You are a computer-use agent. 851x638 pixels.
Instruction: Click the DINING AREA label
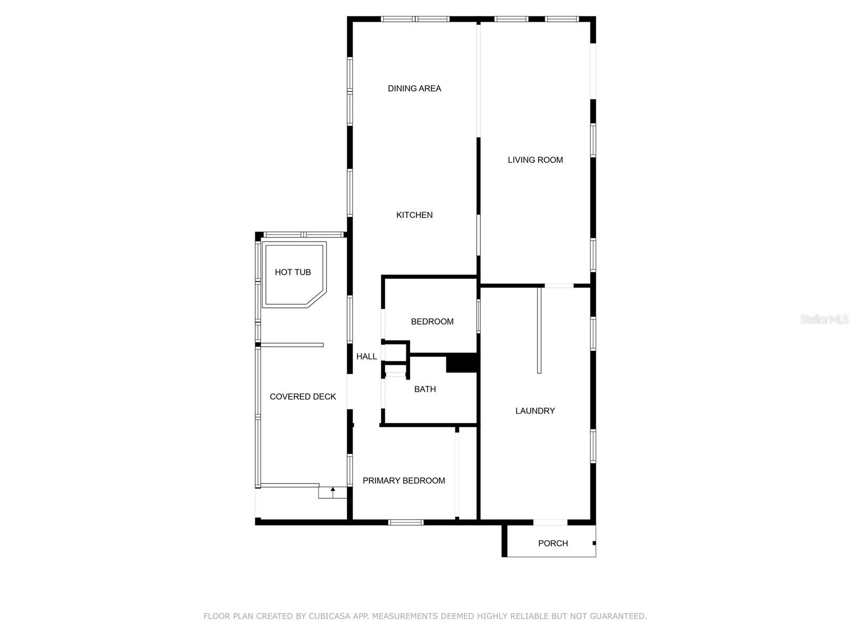[x=414, y=89]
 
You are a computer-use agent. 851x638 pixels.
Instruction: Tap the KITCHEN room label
[x=414, y=215]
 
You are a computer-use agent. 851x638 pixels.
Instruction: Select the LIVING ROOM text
[x=535, y=160]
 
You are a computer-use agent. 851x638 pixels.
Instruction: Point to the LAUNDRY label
[x=535, y=411]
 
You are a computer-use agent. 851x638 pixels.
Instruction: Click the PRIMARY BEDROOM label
[x=404, y=481]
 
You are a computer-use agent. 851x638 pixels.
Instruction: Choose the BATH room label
[x=425, y=389]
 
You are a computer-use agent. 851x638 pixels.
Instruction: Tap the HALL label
[x=366, y=356]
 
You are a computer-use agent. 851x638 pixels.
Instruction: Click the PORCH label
[x=553, y=543]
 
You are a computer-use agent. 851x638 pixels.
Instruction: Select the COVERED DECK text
[x=303, y=397]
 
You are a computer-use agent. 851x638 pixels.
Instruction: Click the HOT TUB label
[x=293, y=272]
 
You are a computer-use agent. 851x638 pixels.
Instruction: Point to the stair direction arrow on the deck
[x=332, y=492]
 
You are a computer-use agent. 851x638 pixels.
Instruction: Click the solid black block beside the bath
[x=461, y=363]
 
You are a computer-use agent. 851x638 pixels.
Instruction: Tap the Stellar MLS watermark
[x=824, y=319]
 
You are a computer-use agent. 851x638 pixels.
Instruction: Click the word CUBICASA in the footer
[x=329, y=616]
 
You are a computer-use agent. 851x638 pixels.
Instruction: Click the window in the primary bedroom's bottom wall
[x=405, y=522]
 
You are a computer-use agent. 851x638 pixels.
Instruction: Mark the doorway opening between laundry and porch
[x=550, y=522]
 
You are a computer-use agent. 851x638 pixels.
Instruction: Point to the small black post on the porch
[x=594, y=543]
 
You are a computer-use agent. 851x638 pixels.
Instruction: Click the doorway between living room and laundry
[x=558, y=286]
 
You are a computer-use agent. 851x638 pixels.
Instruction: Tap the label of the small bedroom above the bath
[x=432, y=322]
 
